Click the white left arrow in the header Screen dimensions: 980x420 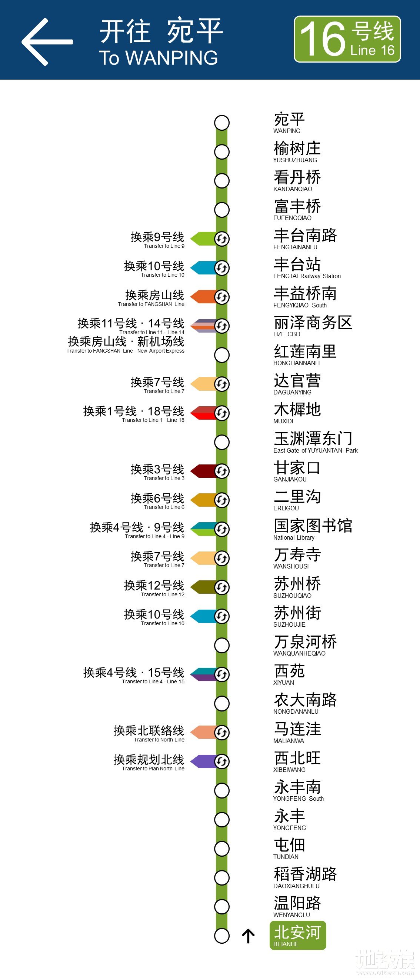(46, 42)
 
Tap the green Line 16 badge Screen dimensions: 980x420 (347, 39)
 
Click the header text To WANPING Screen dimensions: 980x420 (158, 58)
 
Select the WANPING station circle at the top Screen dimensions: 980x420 (222, 123)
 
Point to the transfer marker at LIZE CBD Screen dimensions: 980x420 (222, 326)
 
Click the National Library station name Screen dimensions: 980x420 (313, 529)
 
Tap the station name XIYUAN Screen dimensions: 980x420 (289, 674)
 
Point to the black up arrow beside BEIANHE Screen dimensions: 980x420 (248, 936)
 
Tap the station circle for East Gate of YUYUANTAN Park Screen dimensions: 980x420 (222, 442)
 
